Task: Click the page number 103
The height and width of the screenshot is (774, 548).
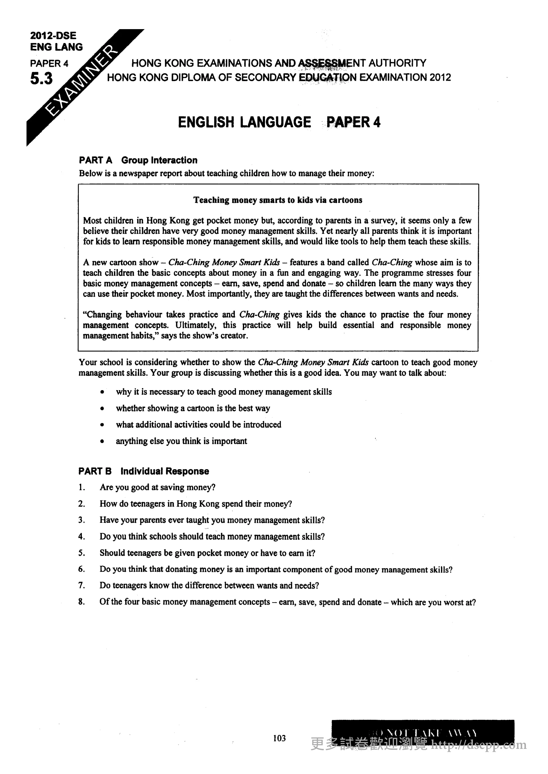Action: click(x=279, y=738)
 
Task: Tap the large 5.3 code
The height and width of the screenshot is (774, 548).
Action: click(x=41, y=79)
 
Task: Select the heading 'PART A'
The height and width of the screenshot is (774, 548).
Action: click(x=95, y=160)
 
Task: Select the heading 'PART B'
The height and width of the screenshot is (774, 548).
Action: click(x=95, y=471)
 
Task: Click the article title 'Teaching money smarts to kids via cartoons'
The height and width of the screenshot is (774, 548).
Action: click(x=278, y=200)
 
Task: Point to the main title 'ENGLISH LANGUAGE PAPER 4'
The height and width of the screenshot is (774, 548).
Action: click(x=279, y=122)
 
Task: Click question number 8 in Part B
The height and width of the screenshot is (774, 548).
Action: click(x=81, y=602)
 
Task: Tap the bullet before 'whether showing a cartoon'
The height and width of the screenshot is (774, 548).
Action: click(x=102, y=409)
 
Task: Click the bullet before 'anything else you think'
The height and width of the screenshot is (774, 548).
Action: click(x=102, y=441)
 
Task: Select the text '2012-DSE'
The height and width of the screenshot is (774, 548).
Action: click(x=53, y=35)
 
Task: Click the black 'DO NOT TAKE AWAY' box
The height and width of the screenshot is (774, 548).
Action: click(x=423, y=732)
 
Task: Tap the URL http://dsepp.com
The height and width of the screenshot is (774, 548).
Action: click(x=479, y=745)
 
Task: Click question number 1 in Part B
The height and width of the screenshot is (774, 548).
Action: click(x=81, y=487)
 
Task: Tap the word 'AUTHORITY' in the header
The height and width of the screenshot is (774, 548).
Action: click(x=397, y=63)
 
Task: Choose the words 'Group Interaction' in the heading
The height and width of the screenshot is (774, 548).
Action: click(x=159, y=160)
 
